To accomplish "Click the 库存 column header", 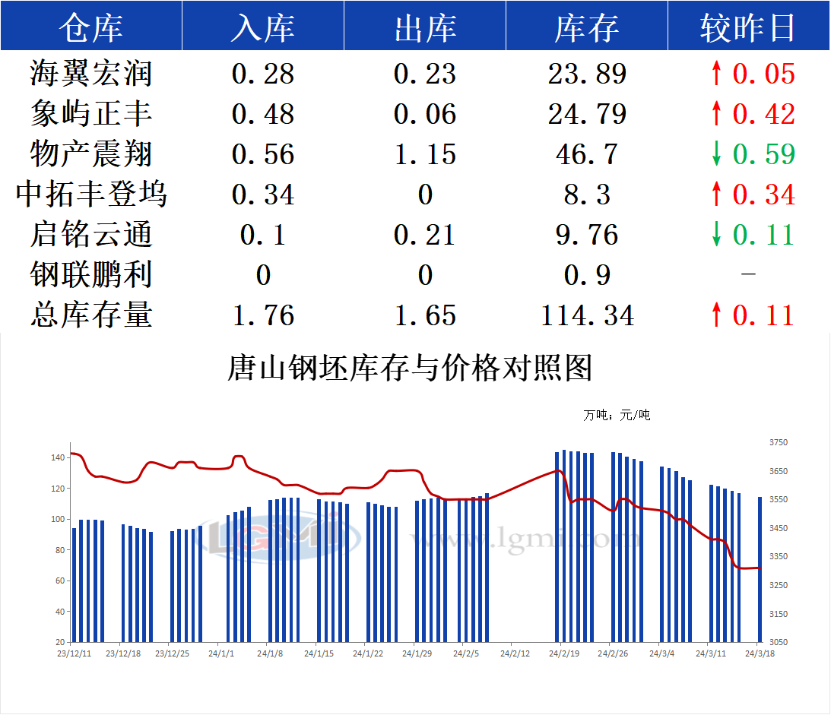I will (586, 28).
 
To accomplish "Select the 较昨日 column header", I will (747, 28).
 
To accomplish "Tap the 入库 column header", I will (262, 28).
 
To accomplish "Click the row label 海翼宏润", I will (91, 74).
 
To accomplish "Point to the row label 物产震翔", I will (91, 154).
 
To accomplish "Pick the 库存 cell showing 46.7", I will (587, 154).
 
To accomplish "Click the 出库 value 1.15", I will (425, 154).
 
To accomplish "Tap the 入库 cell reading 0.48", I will (262, 114).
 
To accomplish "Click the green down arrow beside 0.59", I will (715, 154).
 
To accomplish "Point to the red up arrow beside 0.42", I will (715, 114).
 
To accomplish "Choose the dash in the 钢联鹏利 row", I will (748, 274).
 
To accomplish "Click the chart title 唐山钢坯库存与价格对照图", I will (410, 369).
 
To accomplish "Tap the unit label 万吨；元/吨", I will (617, 416).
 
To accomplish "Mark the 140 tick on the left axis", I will (58, 458).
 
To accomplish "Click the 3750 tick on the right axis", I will (779, 443).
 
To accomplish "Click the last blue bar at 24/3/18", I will (759, 569).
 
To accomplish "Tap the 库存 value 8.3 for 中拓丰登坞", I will (587, 195).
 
